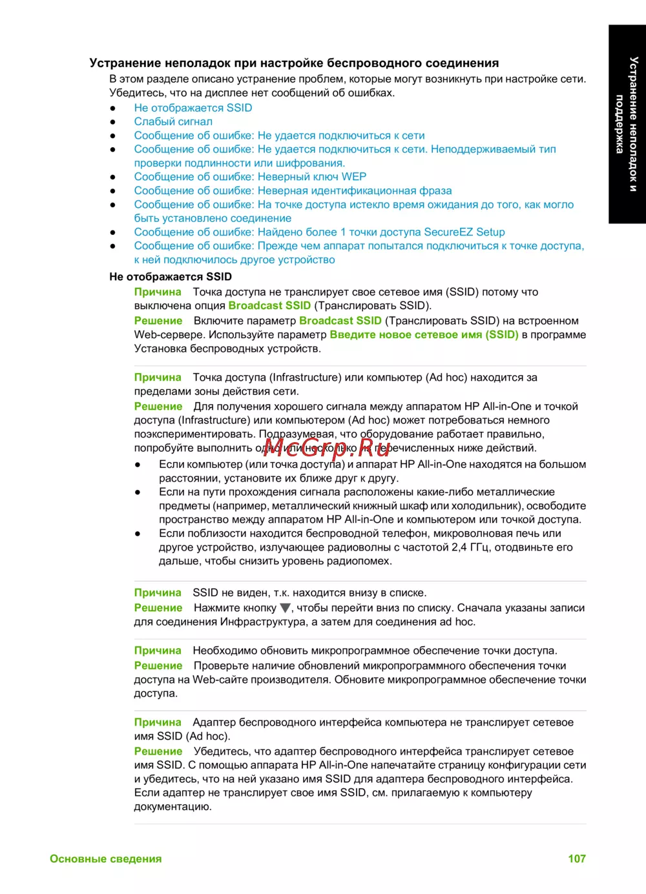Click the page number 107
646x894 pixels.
576,858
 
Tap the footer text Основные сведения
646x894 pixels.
106,858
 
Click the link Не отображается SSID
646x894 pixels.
193,108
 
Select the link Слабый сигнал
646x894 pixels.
173,121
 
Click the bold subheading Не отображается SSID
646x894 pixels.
171,276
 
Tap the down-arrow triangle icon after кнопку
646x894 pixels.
285,608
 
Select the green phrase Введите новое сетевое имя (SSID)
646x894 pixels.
424,334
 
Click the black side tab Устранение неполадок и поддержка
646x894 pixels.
627,124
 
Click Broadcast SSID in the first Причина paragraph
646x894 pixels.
269,305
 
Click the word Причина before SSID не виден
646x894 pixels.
158,593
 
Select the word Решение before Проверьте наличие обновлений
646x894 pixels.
158,665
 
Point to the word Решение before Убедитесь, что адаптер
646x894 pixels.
158,751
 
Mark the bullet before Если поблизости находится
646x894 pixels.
138,534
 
